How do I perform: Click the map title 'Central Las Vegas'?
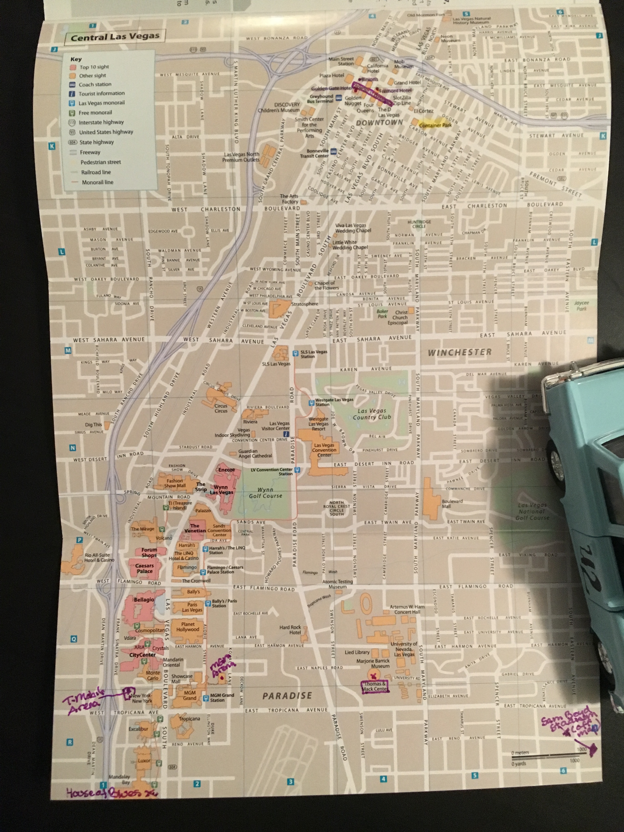(115, 37)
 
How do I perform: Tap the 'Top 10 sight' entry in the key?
(94, 67)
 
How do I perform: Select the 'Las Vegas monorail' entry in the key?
(101, 103)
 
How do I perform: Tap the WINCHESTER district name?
(460, 352)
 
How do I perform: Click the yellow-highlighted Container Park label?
(435, 125)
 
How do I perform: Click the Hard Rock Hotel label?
(290, 630)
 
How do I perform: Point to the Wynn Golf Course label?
(265, 493)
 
